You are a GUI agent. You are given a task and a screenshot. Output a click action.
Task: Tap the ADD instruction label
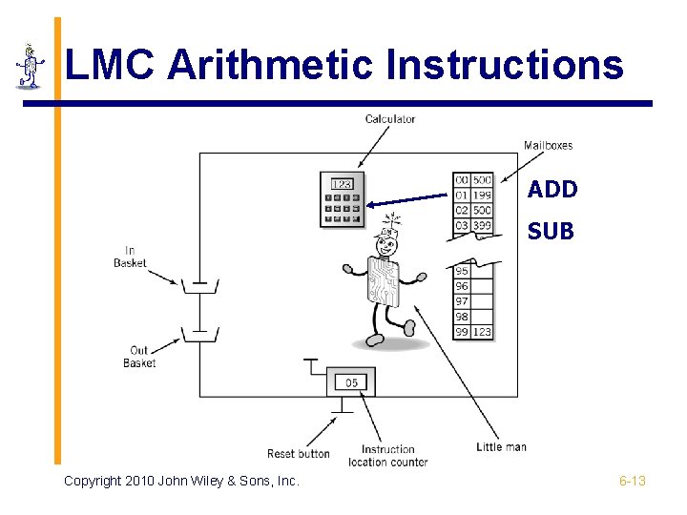tap(552, 190)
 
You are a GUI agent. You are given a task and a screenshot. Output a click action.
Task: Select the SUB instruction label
tap(551, 230)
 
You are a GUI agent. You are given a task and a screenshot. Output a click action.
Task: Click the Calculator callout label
tap(390, 119)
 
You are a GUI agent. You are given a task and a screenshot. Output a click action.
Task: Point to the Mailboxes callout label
tap(548, 146)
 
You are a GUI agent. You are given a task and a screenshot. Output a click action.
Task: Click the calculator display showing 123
tap(342, 184)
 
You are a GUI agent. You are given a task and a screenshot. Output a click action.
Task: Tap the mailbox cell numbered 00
tap(462, 180)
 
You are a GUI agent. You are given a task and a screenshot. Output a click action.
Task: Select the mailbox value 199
tap(482, 196)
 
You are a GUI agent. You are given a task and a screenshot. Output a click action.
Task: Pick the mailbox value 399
tap(482, 225)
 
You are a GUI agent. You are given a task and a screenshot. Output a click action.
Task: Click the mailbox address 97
tap(462, 301)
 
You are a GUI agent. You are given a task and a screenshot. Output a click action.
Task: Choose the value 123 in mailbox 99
tap(482, 332)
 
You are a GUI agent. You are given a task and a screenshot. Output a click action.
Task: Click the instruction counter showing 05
tap(351, 382)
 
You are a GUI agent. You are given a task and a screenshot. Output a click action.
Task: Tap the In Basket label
tap(130, 257)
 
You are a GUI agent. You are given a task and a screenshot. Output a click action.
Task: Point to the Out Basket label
tap(139, 357)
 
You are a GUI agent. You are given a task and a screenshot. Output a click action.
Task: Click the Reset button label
tap(298, 454)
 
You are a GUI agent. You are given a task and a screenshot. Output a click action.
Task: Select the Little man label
tap(501, 447)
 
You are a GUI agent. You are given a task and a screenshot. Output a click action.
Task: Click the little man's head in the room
tap(385, 246)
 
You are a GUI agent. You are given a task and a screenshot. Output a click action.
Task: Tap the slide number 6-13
tap(632, 481)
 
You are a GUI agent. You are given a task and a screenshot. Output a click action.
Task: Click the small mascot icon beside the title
tap(30, 67)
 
